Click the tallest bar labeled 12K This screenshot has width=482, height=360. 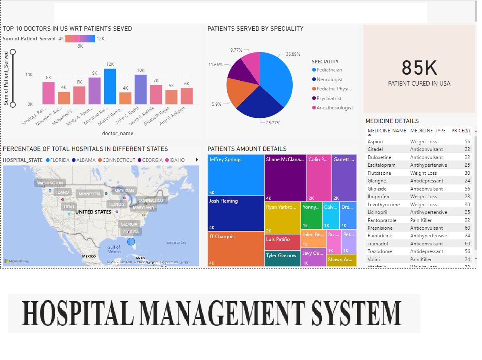110,86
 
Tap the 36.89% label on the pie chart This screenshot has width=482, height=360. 293,54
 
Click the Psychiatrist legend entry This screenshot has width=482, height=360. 329,98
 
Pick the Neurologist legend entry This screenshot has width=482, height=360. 329,80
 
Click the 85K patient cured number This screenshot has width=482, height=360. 419,68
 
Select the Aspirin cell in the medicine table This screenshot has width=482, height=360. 375,142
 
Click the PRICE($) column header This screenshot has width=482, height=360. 460,131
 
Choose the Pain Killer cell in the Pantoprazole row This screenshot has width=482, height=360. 421,220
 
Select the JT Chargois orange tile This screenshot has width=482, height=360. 236,249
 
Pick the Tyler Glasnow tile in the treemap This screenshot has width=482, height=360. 283,258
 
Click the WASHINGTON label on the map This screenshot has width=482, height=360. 50,183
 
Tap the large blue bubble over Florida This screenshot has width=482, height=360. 131,242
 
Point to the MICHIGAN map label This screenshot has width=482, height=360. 124,191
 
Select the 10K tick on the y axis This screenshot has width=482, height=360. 29,75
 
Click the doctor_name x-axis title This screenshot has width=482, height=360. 117,134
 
